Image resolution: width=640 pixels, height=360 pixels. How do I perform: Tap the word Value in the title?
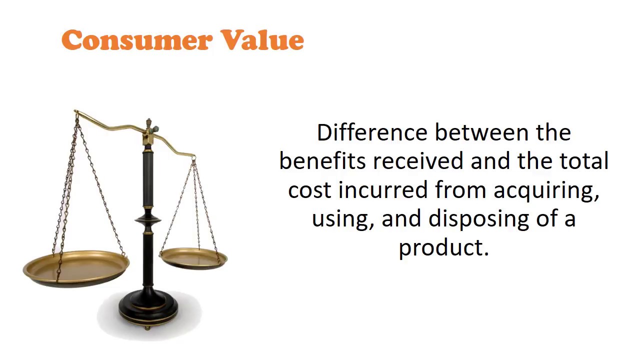coord(262,40)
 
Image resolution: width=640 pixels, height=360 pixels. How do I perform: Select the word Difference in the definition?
coord(372,133)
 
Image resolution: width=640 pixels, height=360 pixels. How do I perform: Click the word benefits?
coord(323,161)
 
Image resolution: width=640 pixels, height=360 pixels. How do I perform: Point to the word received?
coord(418,161)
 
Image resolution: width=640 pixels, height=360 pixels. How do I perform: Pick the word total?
coord(583,161)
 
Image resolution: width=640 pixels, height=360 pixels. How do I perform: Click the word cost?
coord(310,190)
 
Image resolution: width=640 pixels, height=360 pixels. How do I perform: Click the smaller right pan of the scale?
coord(193,258)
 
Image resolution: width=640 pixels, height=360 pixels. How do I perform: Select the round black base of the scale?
coord(148,310)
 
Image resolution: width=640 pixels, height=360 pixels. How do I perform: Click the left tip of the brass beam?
coord(76,112)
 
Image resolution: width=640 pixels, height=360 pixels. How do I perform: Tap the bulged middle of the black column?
coord(148,220)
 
